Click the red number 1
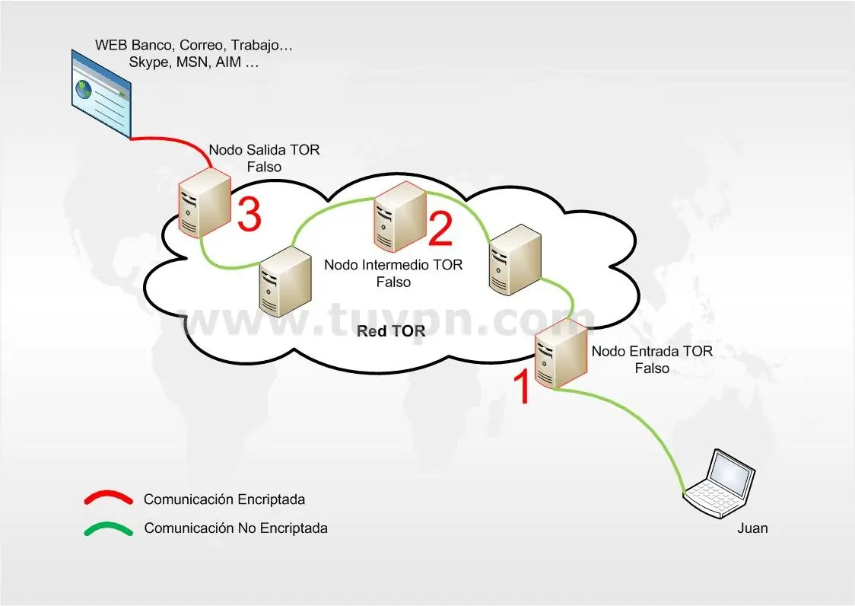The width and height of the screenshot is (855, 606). click(x=523, y=386)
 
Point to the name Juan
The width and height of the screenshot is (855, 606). click(x=752, y=528)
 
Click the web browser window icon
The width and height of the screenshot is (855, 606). click(x=101, y=93)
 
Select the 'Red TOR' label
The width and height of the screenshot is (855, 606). click(x=392, y=332)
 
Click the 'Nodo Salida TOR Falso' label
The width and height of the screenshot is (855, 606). click(x=264, y=158)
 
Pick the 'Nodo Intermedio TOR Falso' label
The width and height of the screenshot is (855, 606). click(x=393, y=273)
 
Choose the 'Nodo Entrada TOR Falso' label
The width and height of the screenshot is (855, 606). click(x=652, y=359)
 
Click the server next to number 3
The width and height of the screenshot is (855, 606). click(x=203, y=203)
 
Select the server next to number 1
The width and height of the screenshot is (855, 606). click(x=561, y=354)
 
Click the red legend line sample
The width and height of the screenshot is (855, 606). click(x=108, y=499)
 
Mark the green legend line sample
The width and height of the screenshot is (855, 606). click(x=108, y=528)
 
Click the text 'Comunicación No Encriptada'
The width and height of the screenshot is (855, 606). click(x=236, y=528)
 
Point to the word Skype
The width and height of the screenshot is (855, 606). click(x=149, y=63)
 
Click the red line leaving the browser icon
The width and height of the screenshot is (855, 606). click(x=175, y=141)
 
